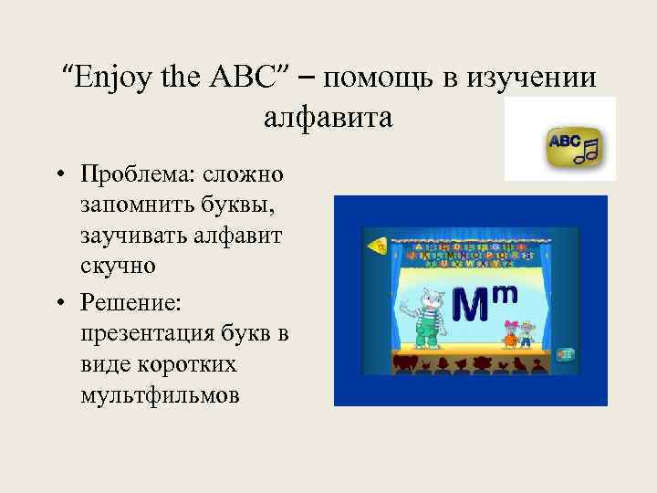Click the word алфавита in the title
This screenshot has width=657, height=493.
[328, 117]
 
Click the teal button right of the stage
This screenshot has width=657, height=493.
[566, 354]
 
